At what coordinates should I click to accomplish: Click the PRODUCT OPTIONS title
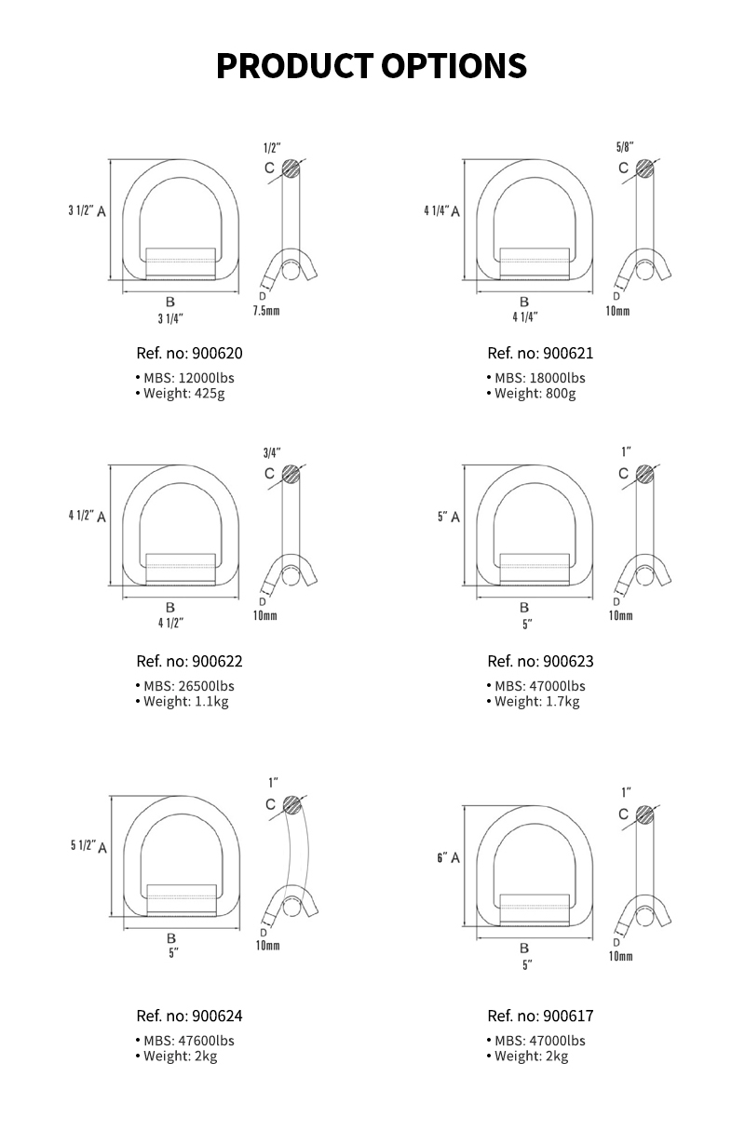(372, 66)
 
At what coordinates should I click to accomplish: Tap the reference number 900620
(189, 354)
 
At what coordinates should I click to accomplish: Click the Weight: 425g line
(183, 394)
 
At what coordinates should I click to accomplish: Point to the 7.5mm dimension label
(266, 311)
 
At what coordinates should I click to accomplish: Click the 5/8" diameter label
(624, 148)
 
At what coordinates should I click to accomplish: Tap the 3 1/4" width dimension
(170, 318)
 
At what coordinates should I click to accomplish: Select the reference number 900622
(189, 662)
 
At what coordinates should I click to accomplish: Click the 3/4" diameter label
(272, 453)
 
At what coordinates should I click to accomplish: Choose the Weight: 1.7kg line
(536, 702)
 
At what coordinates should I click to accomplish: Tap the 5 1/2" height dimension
(84, 845)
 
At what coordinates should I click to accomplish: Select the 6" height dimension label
(442, 857)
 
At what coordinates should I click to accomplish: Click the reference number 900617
(540, 1016)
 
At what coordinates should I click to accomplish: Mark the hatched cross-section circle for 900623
(644, 473)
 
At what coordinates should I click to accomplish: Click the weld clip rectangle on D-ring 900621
(534, 263)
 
